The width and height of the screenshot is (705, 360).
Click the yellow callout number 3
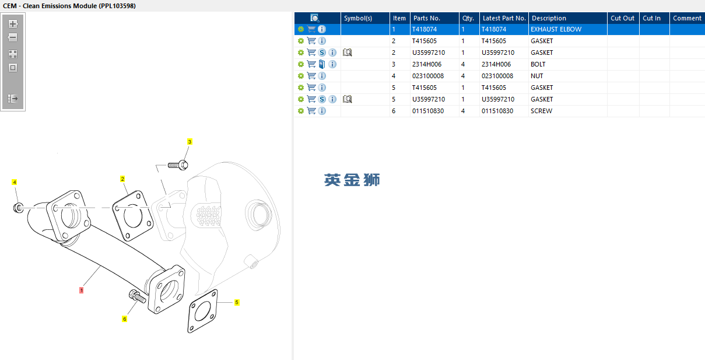coord(190,142)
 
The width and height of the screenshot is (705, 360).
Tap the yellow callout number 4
coord(15,182)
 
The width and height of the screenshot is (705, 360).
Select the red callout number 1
coord(81,290)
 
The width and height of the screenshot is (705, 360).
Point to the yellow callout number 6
coord(125,319)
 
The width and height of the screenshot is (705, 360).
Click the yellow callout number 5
coord(237,302)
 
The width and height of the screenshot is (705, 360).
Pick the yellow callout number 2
coord(122,179)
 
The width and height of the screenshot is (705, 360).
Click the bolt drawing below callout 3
coord(178,165)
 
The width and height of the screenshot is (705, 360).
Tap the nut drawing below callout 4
coord(18,208)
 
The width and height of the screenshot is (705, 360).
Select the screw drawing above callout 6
coord(137,296)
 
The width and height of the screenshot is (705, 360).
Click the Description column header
coord(549,18)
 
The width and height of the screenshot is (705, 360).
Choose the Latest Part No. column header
coord(504,18)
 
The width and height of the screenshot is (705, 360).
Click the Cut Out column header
coord(622,18)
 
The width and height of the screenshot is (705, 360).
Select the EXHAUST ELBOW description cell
coord(556,29)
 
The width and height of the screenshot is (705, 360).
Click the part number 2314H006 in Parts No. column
coord(427,64)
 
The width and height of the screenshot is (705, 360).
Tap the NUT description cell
coord(536,76)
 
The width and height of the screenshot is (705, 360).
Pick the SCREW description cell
coord(541,111)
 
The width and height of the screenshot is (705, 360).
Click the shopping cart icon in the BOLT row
coord(311,64)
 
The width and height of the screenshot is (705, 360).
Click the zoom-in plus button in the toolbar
coord(13,24)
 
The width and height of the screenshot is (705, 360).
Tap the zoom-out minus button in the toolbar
coord(13,38)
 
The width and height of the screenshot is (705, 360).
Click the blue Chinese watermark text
coord(352,180)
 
